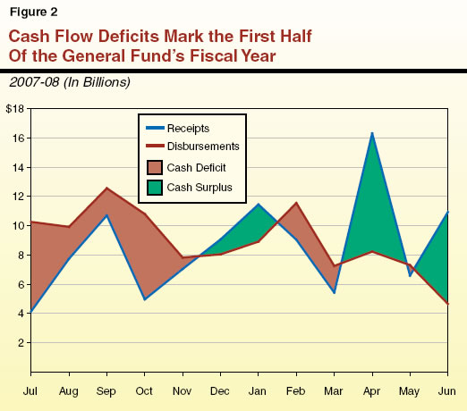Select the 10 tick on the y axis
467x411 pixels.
coord(18,226)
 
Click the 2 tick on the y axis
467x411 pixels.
coord(21,343)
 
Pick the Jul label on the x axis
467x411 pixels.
coord(31,390)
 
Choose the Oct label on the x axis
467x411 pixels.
coord(145,390)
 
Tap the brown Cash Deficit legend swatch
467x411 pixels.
coord(157,167)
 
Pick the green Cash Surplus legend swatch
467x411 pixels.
coord(157,189)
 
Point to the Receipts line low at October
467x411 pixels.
coord(145,299)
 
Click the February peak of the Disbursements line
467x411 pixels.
coord(296,204)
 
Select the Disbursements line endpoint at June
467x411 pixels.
coord(447,305)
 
